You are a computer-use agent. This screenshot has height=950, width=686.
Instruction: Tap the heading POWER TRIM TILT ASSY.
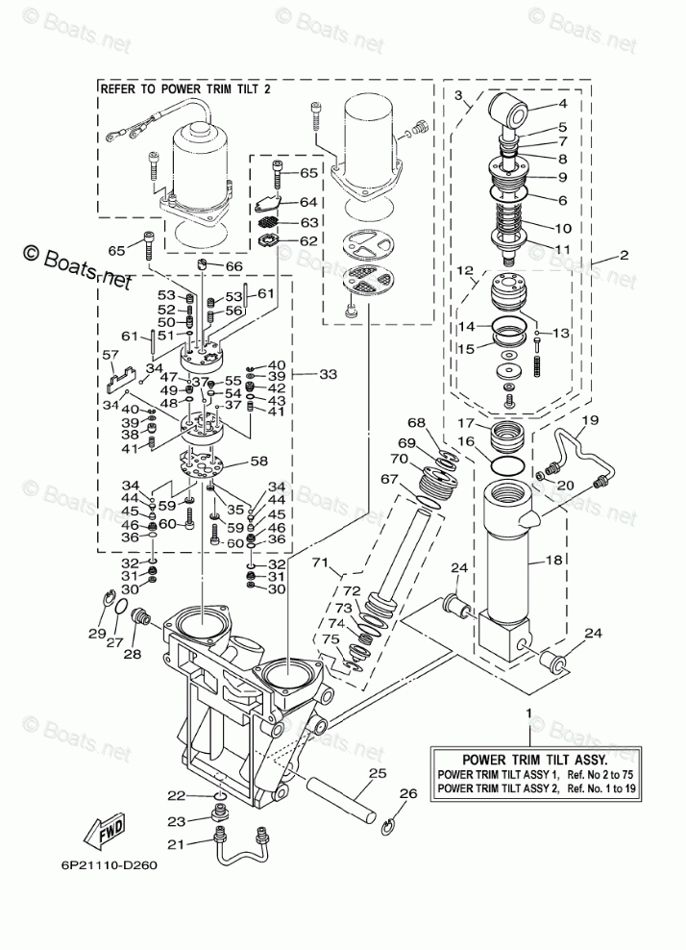tap(534, 760)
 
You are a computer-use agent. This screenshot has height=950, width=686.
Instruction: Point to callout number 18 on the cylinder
tap(554, 560)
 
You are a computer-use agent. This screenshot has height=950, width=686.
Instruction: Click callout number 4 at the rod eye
tap(562, 104)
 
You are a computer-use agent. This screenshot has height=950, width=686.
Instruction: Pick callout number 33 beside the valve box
tap(328, 374)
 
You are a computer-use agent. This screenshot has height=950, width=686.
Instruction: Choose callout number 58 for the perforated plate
tap(258, 462)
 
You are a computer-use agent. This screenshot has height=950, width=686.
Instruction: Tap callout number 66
tap(233, 266)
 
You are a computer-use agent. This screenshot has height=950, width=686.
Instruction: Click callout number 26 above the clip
tap(408, 793)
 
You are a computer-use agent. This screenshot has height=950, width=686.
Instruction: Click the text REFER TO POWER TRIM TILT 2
tap(184, 89)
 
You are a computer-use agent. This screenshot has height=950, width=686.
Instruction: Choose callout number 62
tap(308, 240)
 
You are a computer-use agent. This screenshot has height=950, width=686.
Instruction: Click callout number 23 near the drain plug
tap(176, 821)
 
